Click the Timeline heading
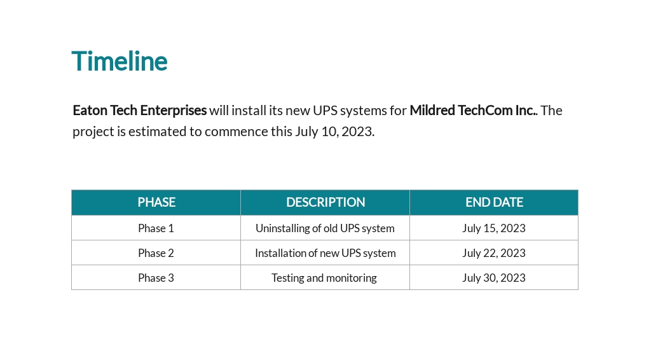click(x=120, y=61)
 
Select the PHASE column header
click(x=156, y=202)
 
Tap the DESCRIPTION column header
click(x=325, y=202)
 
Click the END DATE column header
click(x=494, y=202)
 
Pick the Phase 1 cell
click(x=156, y=228)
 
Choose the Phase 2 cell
click(x=156, y=253)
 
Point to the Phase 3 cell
click(x=156, y=278)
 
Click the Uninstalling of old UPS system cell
click(x=325, y=228)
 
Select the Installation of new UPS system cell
click(x=325, y=253)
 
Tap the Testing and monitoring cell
click(x=324, y=278)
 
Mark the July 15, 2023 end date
click(x=494, y=228)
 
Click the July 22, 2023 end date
click(x=494, y=253)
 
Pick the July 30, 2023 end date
click(x=494, y=278)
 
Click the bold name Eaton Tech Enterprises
click(x=139, y=111)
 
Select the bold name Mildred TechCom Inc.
click(x=472, y=111)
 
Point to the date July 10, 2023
click(x=334, y=132)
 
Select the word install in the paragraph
click(x=249, y=111)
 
